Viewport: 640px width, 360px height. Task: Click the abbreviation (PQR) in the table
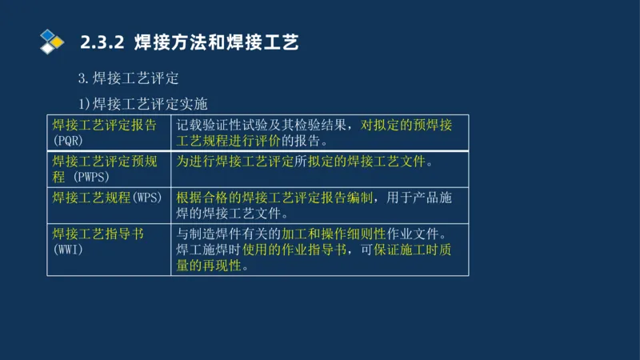(x=69, y=140)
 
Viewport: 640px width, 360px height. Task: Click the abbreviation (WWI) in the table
(x=69, y=250)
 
